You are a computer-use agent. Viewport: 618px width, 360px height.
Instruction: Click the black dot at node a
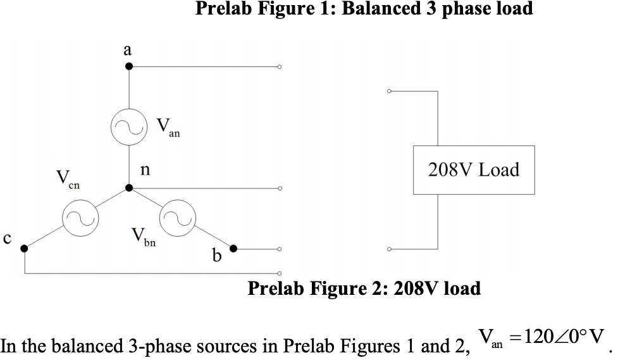click(x=128, y=66)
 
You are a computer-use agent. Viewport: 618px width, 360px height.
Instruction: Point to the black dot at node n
click(x=129, y=188)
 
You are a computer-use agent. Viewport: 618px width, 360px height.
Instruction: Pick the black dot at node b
click(x=233, y=249)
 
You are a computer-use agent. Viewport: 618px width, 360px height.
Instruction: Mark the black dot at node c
click(x=25, y=249)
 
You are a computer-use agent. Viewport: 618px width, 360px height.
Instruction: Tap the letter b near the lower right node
click(x=217, y=256)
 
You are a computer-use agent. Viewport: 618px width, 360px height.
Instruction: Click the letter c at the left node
click(x=7, y=239)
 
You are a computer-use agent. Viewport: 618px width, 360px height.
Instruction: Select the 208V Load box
click(x=473, y=170)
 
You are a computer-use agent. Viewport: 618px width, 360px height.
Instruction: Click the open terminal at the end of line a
click(x=278, y=66)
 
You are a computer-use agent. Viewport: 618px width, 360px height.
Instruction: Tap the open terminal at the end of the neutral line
click(x=278, y=188)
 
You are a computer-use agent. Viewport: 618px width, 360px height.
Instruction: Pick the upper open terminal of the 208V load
click(x=390, y=91)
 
